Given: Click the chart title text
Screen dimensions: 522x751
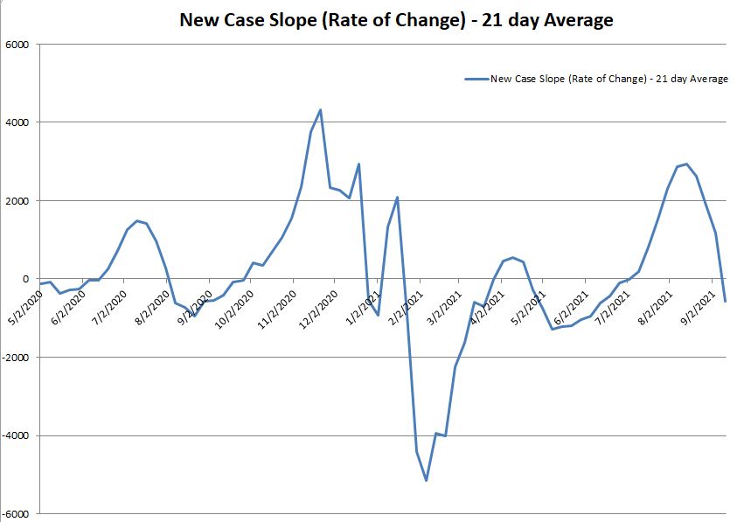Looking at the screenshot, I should click(x=396, y=19).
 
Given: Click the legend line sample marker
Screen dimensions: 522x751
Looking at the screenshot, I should click(x=475, y=79).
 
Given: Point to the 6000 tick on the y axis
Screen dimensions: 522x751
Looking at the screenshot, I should click(x=18, y=45).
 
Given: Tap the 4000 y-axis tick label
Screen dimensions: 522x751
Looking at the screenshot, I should click(x=18, y=122).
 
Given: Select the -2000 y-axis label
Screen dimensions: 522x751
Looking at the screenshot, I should click(x=17, y=358).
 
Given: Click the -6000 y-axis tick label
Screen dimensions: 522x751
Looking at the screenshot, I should click(x=17, y=514).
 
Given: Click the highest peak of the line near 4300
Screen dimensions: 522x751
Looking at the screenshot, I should click(x=320, y=110).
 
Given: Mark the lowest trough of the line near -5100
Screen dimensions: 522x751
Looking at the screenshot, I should click(x=426, y=480).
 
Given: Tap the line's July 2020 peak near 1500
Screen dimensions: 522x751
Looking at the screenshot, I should click(x=137, y=220).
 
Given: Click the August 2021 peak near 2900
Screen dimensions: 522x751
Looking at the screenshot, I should click(x=686, y=164).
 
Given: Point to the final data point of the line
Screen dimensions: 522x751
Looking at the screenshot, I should click(x=725, y=301).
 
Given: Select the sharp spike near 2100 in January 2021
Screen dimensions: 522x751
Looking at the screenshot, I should click(x=398, y=197).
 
